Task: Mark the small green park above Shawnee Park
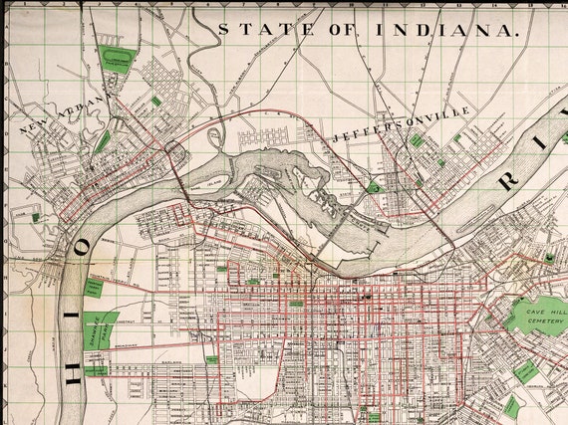(95, 287)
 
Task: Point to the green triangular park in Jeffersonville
(373, 186)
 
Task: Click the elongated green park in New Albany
(103, 143)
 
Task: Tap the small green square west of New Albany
(36, 216)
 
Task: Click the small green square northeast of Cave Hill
(549, 256)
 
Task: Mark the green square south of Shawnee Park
(97, 368)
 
